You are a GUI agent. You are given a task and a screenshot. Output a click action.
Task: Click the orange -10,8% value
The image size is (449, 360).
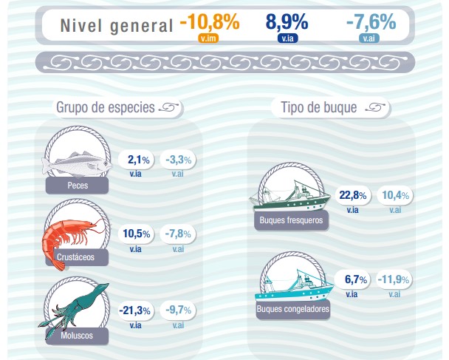click(x=209, y=22)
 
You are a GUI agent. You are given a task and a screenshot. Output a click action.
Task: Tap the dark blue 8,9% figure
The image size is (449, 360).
click(x=287, y=22)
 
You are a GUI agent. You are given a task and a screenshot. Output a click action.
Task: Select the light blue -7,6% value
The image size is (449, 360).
click(x=370, y=22)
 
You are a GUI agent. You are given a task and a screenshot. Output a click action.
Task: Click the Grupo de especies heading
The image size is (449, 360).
click(x=105, y=108)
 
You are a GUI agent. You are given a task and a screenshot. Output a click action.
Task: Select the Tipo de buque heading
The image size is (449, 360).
click(x=319, y=108)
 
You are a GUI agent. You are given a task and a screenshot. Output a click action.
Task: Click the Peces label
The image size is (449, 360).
click(x=77, y=185)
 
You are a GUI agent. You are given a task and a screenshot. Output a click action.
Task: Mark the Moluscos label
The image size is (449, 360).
click(x=77, y=334)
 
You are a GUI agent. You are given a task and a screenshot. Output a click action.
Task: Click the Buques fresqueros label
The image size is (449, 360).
click(x=291, y=220)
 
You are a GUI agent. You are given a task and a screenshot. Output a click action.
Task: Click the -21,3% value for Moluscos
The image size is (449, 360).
click(x=135, y=310)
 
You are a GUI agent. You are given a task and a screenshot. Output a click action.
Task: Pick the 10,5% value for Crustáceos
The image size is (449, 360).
click(x=136, y=234)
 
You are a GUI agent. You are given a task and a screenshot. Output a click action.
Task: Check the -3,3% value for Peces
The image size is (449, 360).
click(x=177, y=160)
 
